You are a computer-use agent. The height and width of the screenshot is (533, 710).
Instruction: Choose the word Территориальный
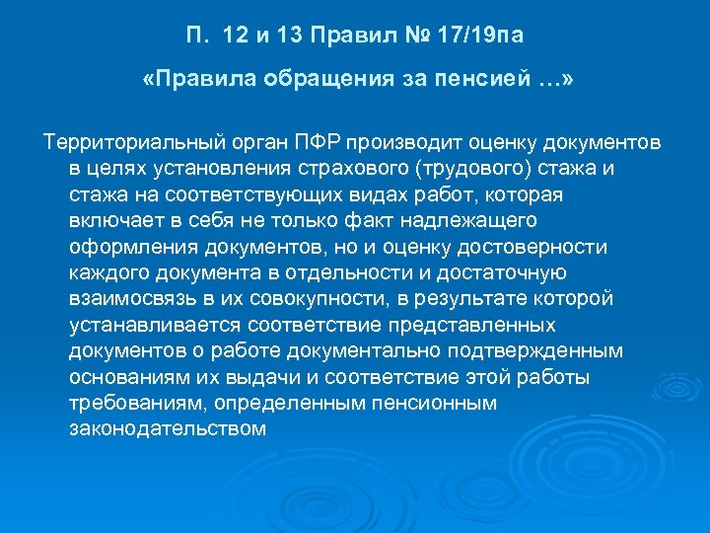(x=127, y=142)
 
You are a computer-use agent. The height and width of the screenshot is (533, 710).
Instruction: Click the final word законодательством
(x=168, y=429)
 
